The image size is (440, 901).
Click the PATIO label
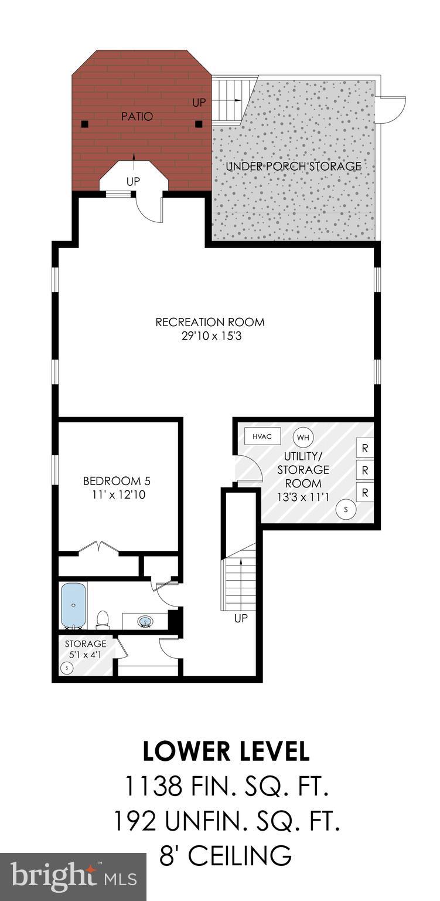point(137,117)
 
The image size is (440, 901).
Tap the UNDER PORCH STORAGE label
point(294,166)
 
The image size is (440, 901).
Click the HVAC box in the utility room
point(262,436)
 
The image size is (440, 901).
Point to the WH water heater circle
point(302,437)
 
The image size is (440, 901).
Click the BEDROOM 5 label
point(117,481)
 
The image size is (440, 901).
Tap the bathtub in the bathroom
point(74,605)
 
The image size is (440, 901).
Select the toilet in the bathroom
point(103,619)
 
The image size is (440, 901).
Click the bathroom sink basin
point(145,621)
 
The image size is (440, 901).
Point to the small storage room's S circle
point(67,668)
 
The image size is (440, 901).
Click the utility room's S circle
point(346,509)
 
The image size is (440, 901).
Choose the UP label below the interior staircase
point(241,618)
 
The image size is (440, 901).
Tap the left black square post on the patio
point(85,124)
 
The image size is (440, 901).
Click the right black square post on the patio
point(199,124)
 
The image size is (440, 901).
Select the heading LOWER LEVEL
point(226,752)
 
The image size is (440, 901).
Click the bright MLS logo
point(73,877)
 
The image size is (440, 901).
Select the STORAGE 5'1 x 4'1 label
point(86,649)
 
